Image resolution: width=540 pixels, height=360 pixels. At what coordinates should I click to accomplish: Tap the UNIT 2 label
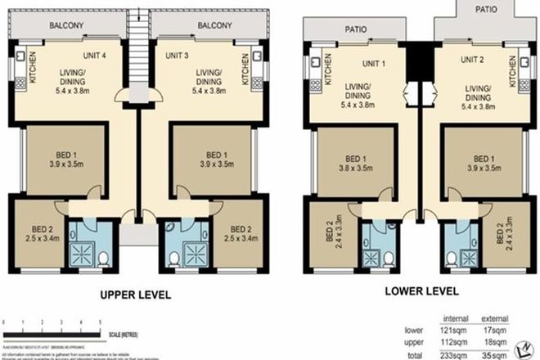473,60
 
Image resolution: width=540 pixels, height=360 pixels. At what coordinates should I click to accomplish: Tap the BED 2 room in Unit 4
36,233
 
